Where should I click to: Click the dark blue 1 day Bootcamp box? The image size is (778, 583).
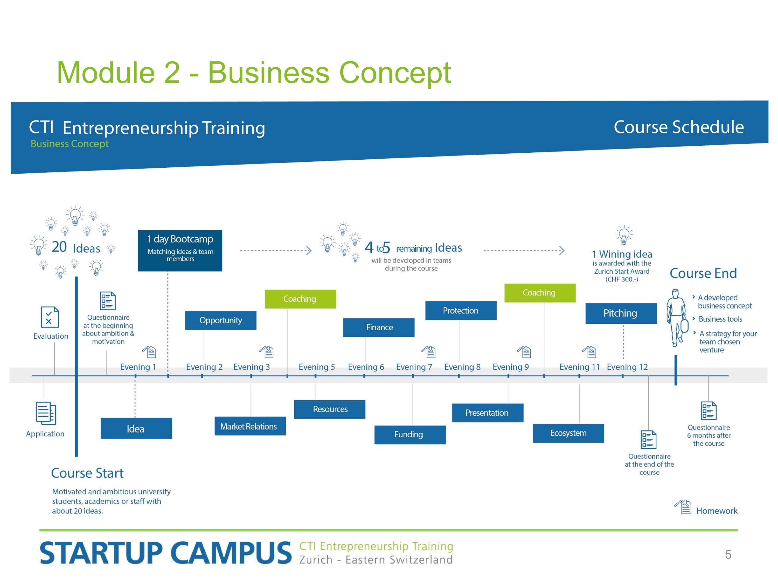click(180, 251)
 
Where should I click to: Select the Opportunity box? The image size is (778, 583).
click(220, 320)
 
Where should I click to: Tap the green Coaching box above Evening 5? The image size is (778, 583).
click(300, 299)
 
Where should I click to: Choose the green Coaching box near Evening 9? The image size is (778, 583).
click(540, 293)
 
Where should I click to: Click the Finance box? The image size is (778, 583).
click(379, 328)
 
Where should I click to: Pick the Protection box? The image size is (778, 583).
click(461, 311)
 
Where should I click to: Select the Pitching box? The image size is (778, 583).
click(621, 313)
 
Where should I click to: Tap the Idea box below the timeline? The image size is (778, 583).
click(136, 428)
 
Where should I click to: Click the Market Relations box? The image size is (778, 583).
click(250, 426)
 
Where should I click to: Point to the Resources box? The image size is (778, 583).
click(330, 409)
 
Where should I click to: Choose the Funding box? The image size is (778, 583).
click(410, 435)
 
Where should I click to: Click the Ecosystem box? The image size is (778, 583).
click(568, 433)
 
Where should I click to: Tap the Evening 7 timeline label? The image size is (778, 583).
click(414, 367)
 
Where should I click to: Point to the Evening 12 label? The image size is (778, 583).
click(627, 367)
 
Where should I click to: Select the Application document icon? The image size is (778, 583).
click(46, 413)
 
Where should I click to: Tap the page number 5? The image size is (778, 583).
click(728, 554)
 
